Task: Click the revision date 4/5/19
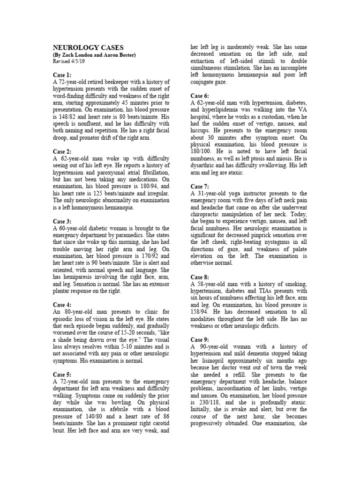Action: (x=78, y=61)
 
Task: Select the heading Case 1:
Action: (x=62, y=75)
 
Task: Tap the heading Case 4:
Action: (x=62, y=305)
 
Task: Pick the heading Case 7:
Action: (x=200, y=187)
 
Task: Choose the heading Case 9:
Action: (x=200, y=339)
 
